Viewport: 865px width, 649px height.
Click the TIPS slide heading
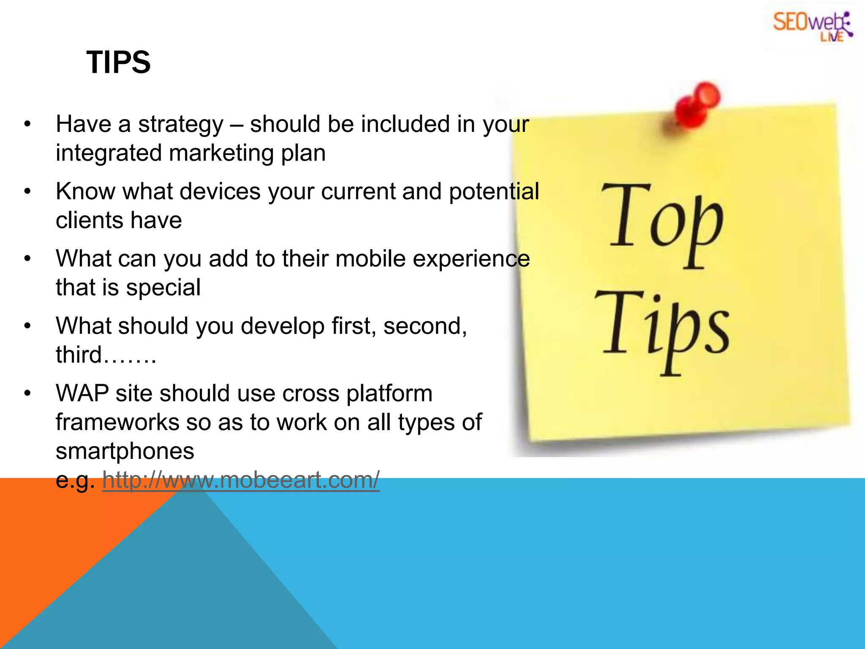coord(118,63)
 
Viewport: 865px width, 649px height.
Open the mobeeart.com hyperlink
coord(241,480)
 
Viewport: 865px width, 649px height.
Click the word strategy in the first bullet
coord(181,125)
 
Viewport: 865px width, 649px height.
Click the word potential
coord(494,191)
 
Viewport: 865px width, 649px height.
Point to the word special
coord(163,288)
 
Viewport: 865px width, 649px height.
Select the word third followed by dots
coord(106,354)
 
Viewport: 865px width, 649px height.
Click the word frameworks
coord(117,422)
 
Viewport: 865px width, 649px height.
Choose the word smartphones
coord(125,451)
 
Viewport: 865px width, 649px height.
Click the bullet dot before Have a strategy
coord(28,125)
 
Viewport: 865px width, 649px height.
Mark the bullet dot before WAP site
coord(28,393)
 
